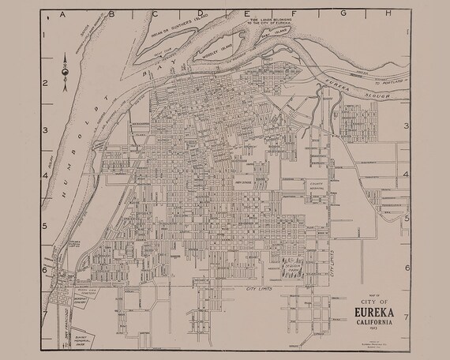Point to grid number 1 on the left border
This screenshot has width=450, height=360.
[45, 36]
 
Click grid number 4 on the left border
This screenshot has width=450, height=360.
[45, 177]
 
